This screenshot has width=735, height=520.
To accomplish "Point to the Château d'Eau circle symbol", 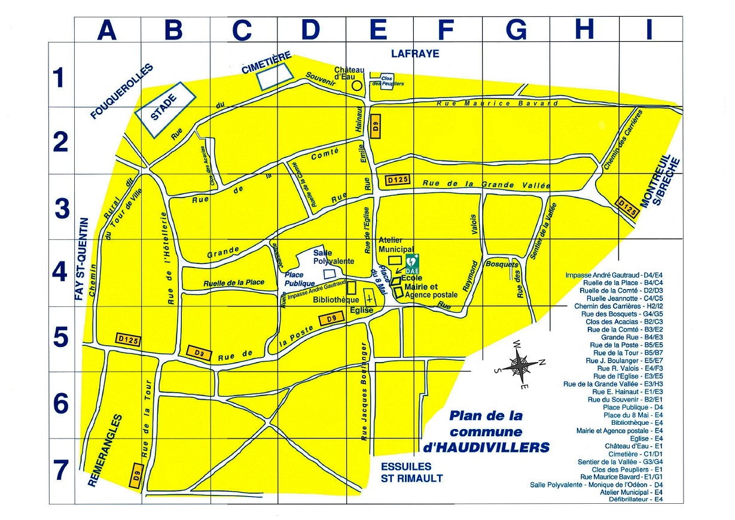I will (x=356, y=86).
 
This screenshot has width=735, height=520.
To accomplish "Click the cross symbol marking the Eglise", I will (x=370, y=297).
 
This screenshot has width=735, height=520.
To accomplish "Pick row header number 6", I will (x=60, y=405).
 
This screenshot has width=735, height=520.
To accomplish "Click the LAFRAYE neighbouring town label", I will (x=415, y=54).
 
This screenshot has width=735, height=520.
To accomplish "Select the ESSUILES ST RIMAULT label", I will (x=412, y=472).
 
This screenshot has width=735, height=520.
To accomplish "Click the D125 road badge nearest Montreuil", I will (x=627, y=206).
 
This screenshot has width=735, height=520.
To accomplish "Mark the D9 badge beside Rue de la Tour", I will (x=136, y=476).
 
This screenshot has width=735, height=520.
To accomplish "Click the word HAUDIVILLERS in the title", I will (x=486, y=447).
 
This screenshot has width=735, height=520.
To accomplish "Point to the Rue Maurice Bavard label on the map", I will (x=497, y=104).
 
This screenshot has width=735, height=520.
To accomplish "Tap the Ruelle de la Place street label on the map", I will (x=234, y=283).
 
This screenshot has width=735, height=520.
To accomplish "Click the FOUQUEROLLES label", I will (x=122, y=91).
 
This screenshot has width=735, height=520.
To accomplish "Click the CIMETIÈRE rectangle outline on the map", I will (x=276, y=75).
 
